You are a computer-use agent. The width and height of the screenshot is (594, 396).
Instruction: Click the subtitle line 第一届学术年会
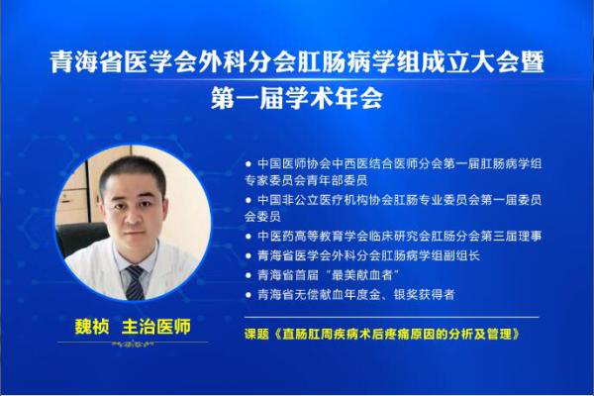pyautogui.click(x=297, y=98)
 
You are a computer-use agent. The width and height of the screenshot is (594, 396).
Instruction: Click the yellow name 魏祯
pyautogui.click(x=92, y=327)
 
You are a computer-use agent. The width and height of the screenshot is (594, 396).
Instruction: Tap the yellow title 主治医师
pyautogui.click(x=156, y=327)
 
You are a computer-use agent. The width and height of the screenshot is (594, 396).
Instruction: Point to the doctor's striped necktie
pyautogui.click(x=136, y=282)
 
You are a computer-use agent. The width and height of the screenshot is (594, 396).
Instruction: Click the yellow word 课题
pyautogui.click(x=256, y=334)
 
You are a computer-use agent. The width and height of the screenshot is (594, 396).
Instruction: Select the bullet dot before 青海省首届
pyautogui.click(x=248, y=275)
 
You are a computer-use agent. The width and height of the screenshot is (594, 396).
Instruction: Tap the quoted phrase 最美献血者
pyautogui.click(x=361, y=275)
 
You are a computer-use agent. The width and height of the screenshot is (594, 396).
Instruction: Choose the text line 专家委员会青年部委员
pyautogui.click(x=306, y=181)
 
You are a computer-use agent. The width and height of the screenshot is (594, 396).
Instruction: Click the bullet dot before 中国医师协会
pyautogui.click(x=248, y=164)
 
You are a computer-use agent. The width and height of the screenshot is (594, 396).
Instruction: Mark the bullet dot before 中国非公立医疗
pyautogui.click(x=248, y=200)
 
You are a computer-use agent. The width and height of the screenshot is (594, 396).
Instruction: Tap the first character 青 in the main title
pyautogui.click(x=61, y=61)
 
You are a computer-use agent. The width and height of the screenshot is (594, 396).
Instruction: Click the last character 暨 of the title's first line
pyautogui.click(x=533, y=61)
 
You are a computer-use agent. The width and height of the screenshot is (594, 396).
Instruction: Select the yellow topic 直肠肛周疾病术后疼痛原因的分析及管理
pyautogui.click(x=397, y=334)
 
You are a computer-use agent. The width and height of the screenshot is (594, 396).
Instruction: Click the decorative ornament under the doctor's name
pyautogui.click(x=132, y=345)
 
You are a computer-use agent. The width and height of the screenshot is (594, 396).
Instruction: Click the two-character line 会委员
pyautogui.click(x=262, y=217)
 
